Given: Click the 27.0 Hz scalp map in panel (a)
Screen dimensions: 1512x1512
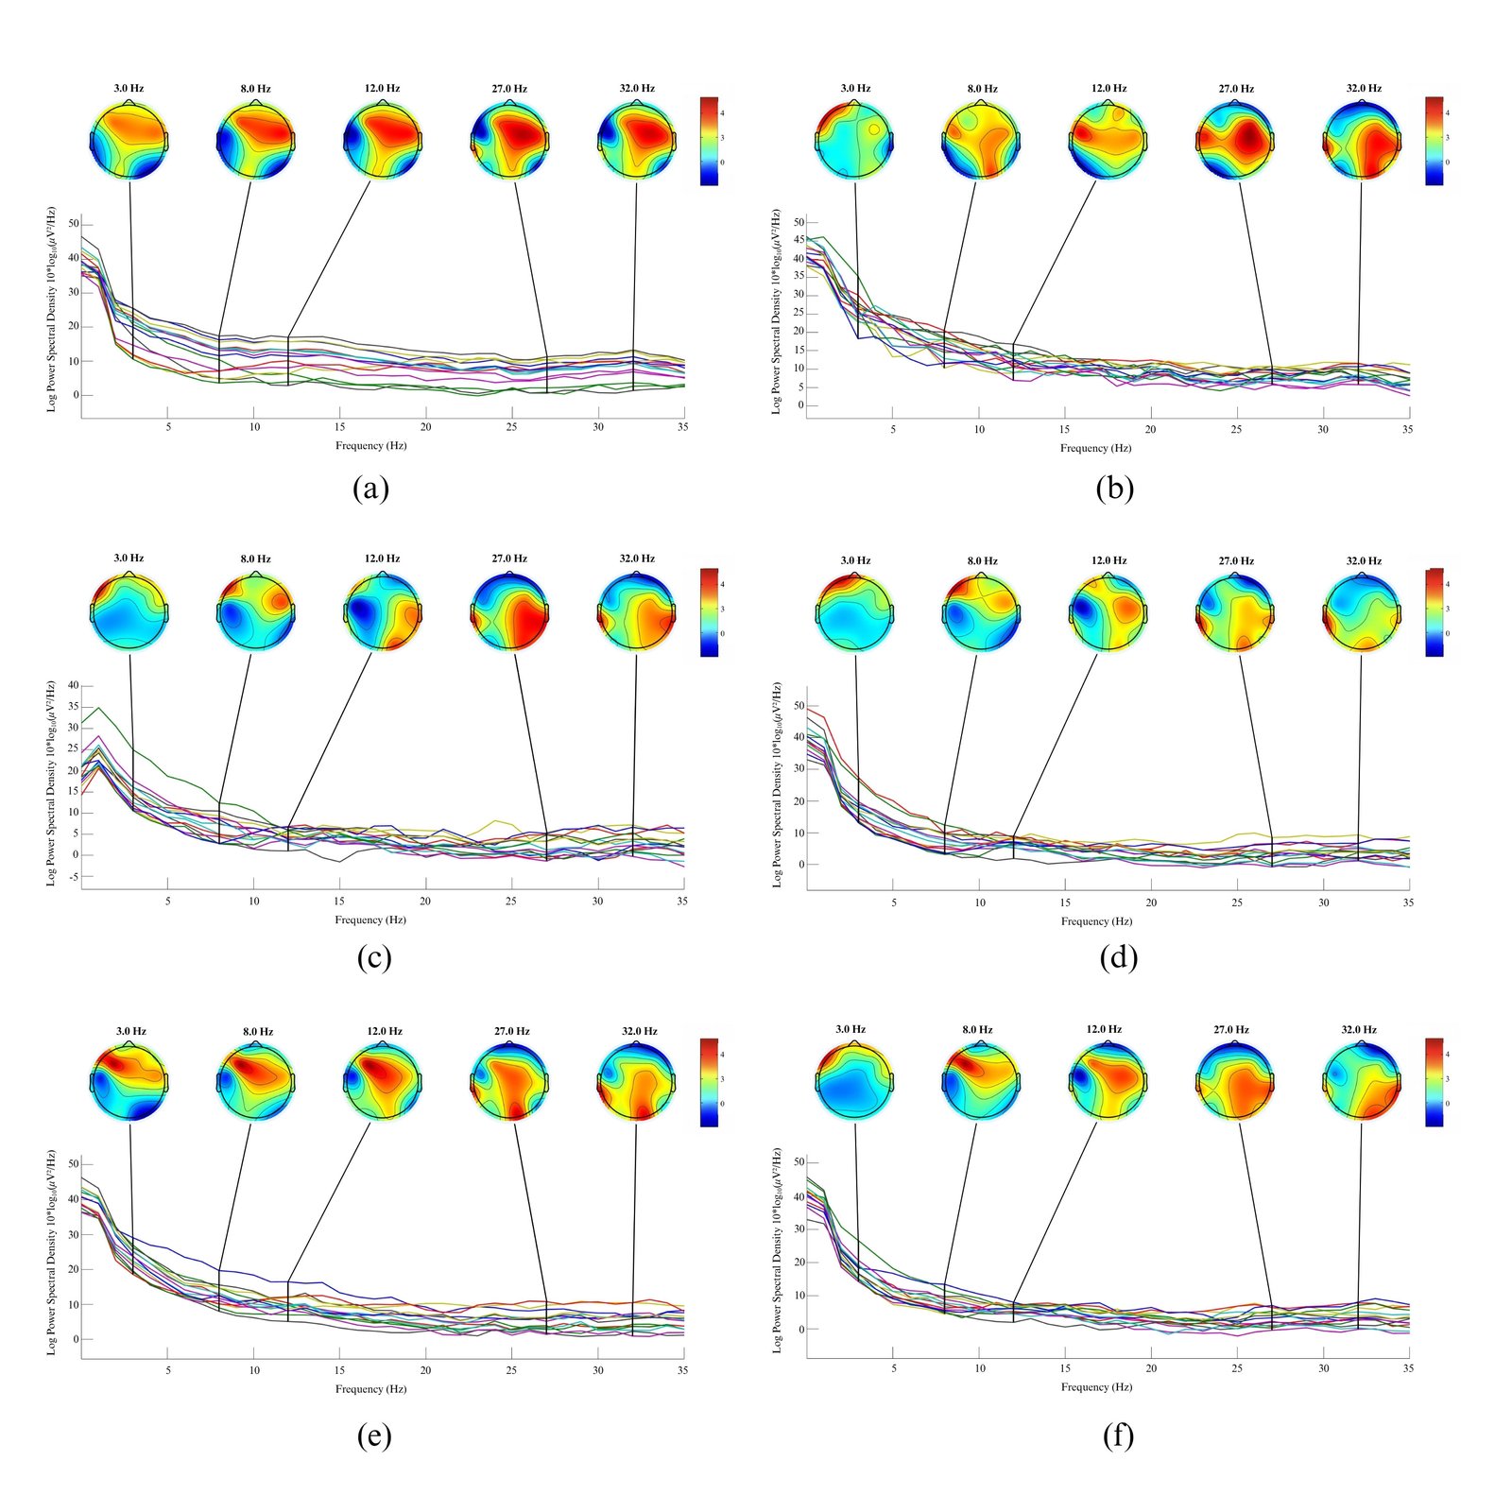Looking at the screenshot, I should coord(509,139).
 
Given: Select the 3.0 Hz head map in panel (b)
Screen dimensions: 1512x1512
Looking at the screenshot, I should coord(854,140).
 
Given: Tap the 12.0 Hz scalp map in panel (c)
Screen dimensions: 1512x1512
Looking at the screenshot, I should coord(382,610).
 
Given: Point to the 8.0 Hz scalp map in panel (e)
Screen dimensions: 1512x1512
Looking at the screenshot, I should coord(256,1082).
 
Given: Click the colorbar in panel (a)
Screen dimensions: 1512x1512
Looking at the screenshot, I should coord(709,140).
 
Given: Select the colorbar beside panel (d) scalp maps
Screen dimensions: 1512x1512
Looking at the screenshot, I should coord(1434,612).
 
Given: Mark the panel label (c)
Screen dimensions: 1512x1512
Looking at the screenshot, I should coord(373,957).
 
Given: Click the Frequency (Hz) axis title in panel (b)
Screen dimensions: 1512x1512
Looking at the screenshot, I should coord(1095,448).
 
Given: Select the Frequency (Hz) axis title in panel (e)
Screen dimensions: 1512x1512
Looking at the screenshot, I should coord(370,1388).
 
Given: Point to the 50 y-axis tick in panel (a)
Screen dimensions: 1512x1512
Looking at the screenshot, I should coord(74,224).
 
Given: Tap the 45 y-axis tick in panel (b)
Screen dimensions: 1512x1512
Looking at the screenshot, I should coord(799,240).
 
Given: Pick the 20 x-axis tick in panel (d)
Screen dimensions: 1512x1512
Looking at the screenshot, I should coord(1151,902).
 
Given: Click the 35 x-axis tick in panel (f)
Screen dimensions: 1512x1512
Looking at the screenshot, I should coord(1408,1367).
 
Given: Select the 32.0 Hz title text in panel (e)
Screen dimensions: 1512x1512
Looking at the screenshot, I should coord(639,1031).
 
